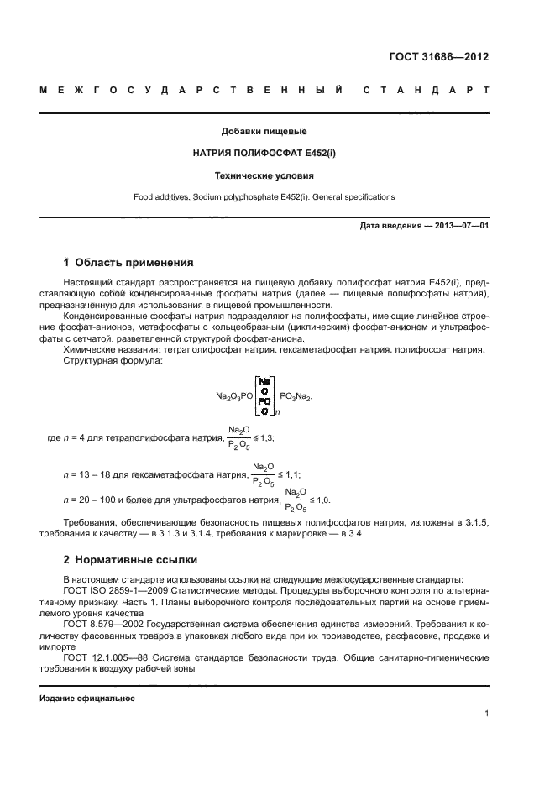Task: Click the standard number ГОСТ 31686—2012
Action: click(437, 57)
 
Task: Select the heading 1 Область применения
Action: click(128, 262)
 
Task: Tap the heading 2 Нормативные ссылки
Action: click(128, 559)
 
